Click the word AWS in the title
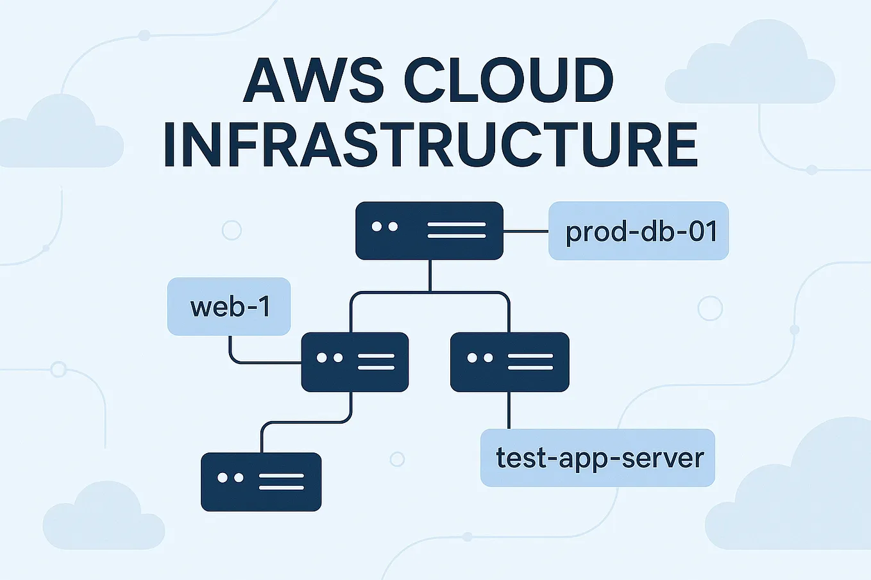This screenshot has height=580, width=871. pyautogui.click(x=314, y=81)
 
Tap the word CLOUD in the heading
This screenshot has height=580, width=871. pyautogui.click(x=509, y=81)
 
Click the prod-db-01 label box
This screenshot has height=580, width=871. pyautogui.click(x=639, y=231)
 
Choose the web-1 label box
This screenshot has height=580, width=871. pyautogui.click(x=229, y=306)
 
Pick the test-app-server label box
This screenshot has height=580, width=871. pyautogui.click(x=598, y=458)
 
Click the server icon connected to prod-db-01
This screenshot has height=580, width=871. pyautogui.click(x=429, y=231)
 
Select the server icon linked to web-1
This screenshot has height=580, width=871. pyautogui.click(x=355, y=362)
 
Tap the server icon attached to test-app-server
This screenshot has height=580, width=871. pyautogui.click(x=509, y=362)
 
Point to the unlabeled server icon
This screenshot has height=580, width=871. pyautogui.click(x=261, y=482)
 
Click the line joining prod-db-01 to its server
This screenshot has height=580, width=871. pyautogui.click(x=526, y=231)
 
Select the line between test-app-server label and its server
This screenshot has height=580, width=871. pyautogui.click(x=509, y=410)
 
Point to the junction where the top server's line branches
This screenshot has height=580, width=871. pyautogui.click(x=429, y=292)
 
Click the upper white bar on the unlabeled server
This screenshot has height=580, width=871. pyautogui.click(x=281, y=476)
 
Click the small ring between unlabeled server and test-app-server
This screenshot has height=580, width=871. pyautogui.click(x=397, y=459)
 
